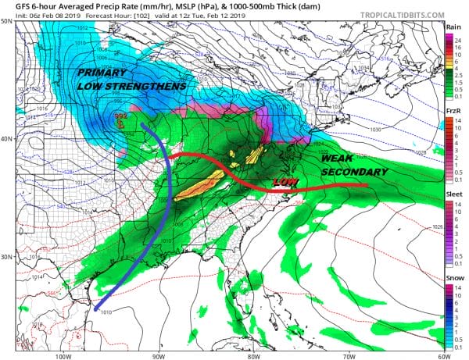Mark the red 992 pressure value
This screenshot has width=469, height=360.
click(120, 116)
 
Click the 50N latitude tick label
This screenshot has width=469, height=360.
click(7, 22)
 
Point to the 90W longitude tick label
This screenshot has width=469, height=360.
click(158, 355)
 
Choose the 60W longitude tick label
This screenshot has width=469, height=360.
click(442, 355)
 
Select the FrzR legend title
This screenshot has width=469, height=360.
click(451, 111)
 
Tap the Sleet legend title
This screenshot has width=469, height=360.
click(451, 195)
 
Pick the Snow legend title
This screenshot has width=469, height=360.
click(451, 280)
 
